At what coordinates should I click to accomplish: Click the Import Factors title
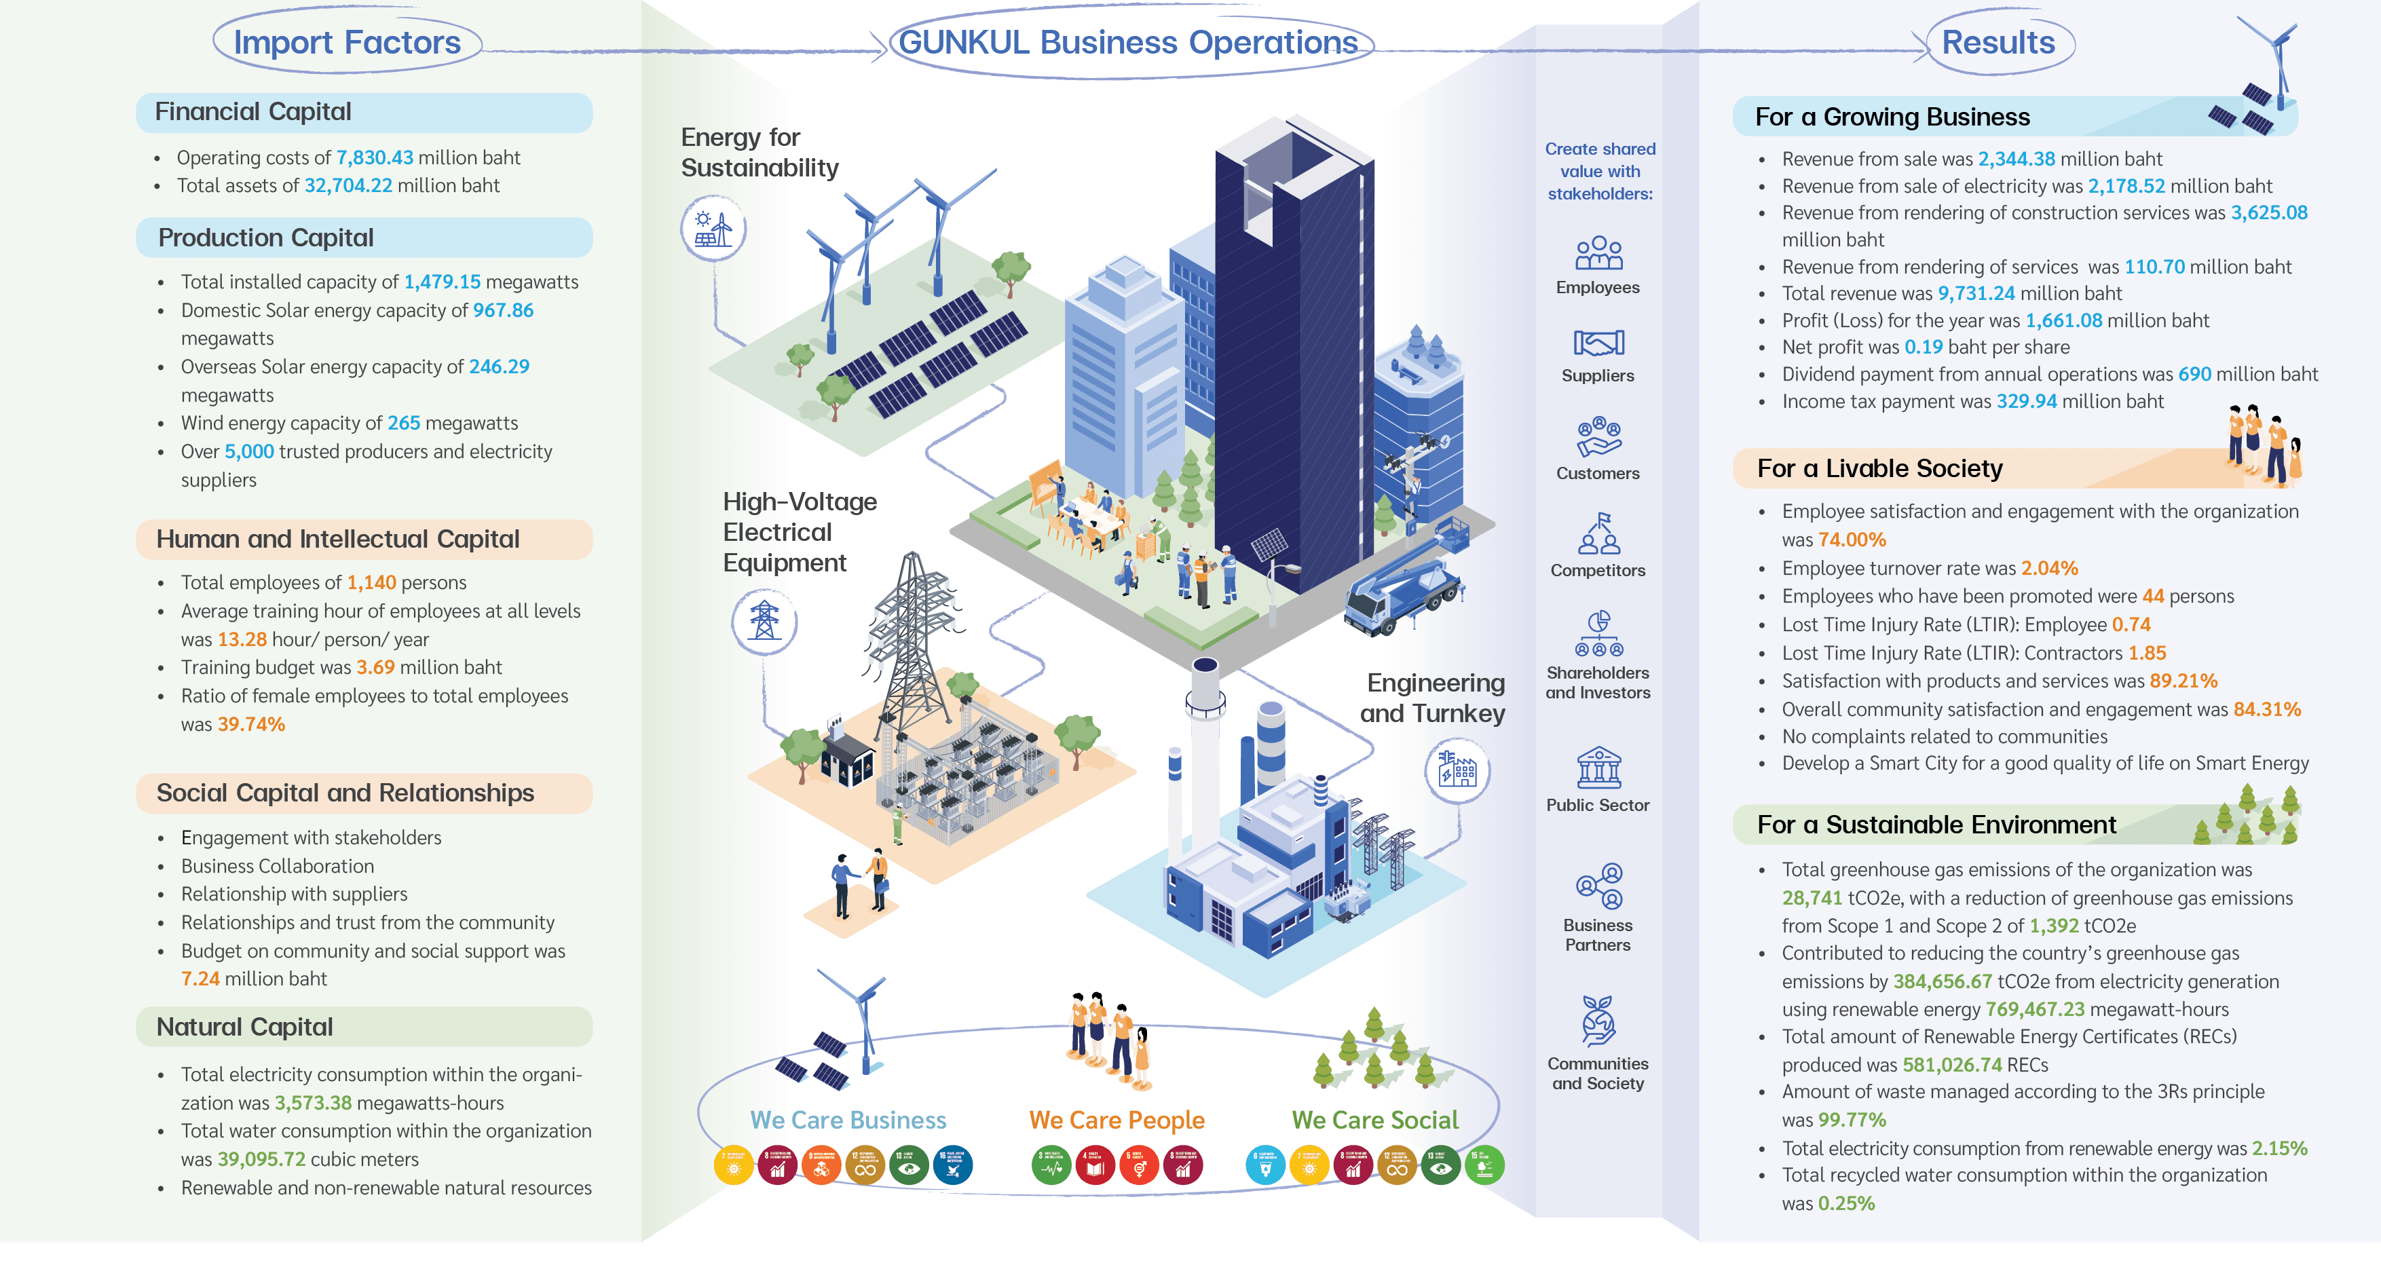[347, 43]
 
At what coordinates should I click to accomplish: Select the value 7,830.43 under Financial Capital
[375, 158]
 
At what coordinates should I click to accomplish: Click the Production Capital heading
[266, 238]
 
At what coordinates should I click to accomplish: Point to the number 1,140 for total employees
[371, 582]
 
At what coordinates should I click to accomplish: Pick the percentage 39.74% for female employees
[251, 725]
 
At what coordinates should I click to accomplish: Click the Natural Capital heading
[245, 1027]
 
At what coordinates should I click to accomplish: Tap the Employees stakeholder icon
[1598, 253]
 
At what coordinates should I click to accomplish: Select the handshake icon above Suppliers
[1598, 343]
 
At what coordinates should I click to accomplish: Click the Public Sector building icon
[1598, 768]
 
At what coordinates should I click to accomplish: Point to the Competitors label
[1598, 570]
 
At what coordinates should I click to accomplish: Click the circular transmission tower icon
[764, 620]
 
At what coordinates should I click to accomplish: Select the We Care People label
[1117, 1120]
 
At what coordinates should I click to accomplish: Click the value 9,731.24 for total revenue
[1976, 294]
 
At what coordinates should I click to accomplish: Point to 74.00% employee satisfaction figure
[1852, 540]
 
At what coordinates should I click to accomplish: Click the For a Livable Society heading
[1880, 469]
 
